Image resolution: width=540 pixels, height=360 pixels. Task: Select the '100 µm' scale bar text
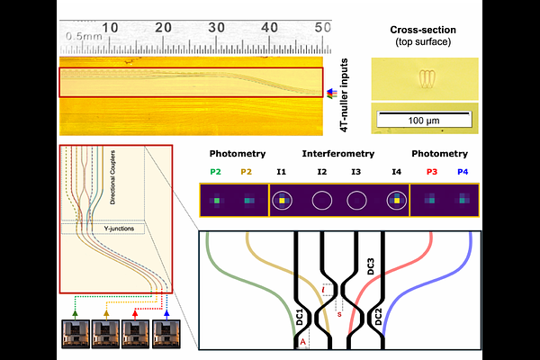(419, 119)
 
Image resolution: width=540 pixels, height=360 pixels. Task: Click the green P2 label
(216, 171)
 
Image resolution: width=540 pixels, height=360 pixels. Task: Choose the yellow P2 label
(247, 171)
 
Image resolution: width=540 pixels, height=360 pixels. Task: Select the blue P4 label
(463, 171)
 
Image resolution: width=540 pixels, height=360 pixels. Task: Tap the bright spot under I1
(282, 200)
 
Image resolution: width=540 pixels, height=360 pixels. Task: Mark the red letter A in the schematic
(303, 343)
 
